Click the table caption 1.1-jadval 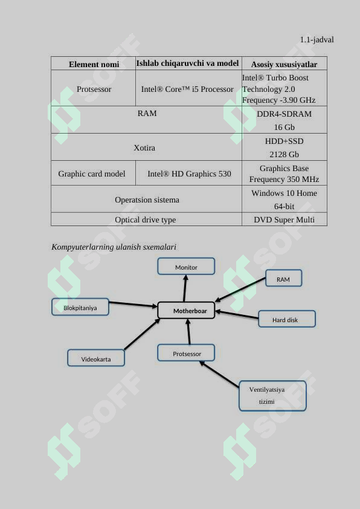tap(317, 40)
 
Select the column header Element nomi tap(94, 64)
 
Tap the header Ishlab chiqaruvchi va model tap(187, 63)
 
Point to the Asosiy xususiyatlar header tap(284, 64)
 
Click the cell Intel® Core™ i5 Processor tap(187, 89)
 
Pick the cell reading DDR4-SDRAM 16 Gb tap(284, 120)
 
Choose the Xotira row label tap(144, 148)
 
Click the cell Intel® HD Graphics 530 tap(189, 173)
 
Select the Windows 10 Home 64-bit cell tap(284, 199)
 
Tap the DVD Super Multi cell tap(284, 220)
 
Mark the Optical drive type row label tap(146, 220)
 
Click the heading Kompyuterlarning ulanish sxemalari tap(114, 247)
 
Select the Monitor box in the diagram tap(186, 267)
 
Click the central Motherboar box tap(186, 310)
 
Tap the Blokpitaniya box tap(80, 307)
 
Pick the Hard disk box tap(287, 319)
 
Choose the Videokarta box tap(96, 358)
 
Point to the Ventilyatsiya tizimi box tap(272, 396)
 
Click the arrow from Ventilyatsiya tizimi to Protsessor tap(219, 374)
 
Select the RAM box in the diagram tap(283, 278)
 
